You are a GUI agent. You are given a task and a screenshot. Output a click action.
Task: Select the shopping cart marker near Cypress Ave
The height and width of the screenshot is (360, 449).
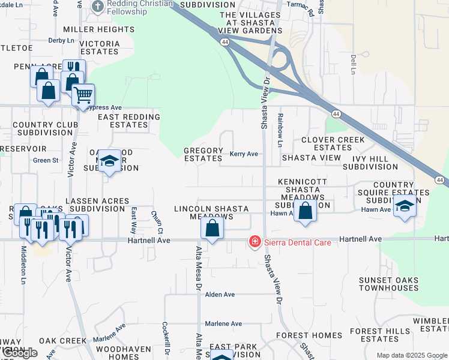pos(83,95)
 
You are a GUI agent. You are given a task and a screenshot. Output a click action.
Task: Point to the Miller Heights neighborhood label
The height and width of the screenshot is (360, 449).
pos(91,29)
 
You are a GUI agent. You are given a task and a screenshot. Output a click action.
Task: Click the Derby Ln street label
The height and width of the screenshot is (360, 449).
pos(61,41)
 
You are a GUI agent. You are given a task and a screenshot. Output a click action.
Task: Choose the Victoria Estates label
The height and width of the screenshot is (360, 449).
pos(99,47)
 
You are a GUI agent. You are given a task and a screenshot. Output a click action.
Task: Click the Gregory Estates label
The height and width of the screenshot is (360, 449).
pos(203,154)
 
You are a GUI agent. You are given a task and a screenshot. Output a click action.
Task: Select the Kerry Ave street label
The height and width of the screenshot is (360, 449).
pos(244,154)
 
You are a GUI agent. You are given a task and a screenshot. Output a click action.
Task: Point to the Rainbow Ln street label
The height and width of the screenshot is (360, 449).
pos(280,131)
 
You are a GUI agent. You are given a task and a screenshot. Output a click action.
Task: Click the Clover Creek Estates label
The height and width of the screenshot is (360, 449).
pos(333,143)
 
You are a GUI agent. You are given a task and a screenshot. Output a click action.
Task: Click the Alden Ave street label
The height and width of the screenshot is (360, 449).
pos(220,295)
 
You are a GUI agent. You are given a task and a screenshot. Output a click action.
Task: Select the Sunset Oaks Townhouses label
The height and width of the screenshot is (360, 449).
pos(388,284)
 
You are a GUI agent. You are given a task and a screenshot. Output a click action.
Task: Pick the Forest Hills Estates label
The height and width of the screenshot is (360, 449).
pos(380,335)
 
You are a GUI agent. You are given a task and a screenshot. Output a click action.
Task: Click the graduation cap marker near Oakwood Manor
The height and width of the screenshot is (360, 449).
pos(109,161)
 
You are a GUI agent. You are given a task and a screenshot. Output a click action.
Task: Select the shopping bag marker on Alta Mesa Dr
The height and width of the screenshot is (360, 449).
pos(212,229)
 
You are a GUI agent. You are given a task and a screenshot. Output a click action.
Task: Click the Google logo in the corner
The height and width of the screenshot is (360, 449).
pos(19,353)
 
